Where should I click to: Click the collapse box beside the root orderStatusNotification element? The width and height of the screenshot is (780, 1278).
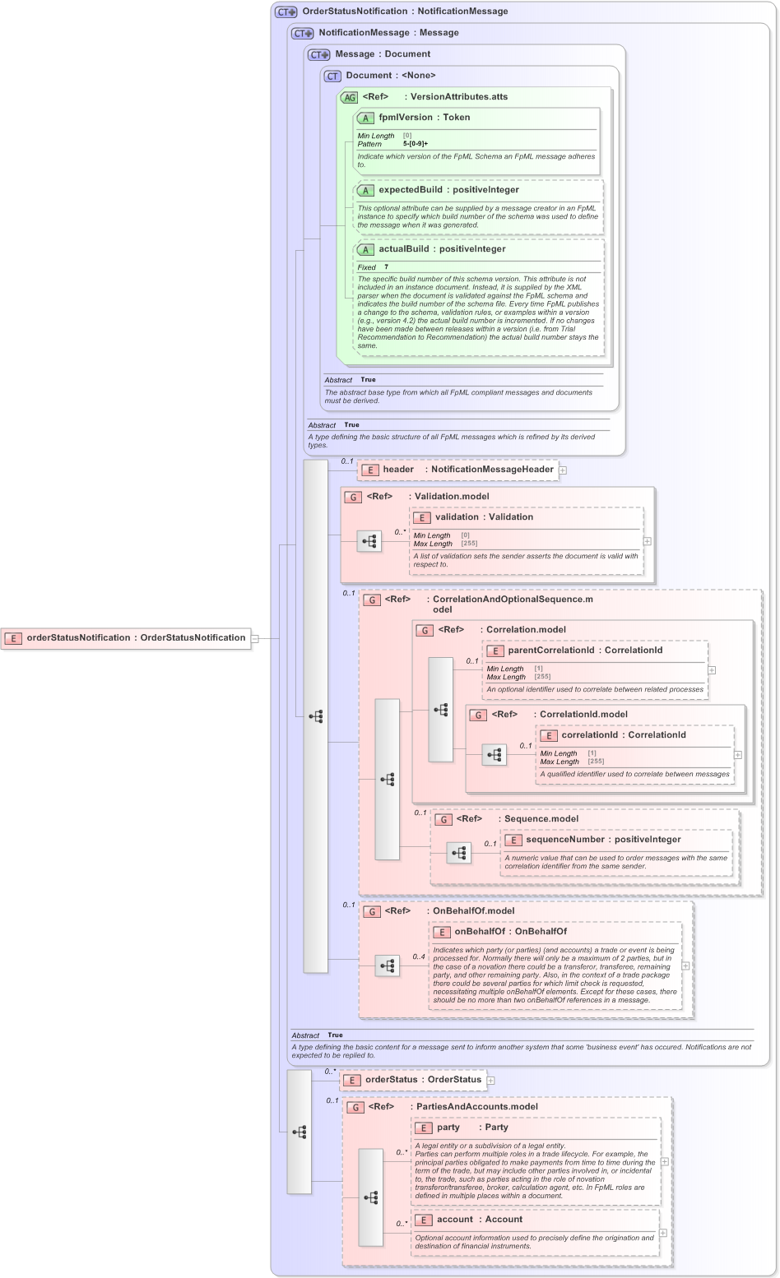pyautogui.click(x=255, y=638)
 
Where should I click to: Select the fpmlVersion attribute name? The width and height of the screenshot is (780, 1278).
pyautogui.click(x=406, y=118)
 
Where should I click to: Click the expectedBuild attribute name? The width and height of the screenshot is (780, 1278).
pyautogui.click(x=410, y=190)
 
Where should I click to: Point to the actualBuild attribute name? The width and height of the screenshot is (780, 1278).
pyautogui.click(x=403, y=249)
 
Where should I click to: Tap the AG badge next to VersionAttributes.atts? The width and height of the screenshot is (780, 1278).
pyautogui.click(x=350, y=97)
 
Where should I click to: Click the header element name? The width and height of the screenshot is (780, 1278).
pyautogui.click(x=398, y=470)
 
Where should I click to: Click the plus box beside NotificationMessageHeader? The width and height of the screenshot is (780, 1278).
pyautogui.click(x=563, y=470)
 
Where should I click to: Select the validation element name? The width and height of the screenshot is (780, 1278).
pyautogui.click(x=457, y=517)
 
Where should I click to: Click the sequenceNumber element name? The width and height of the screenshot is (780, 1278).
pyautogui.click(x=568, y=840)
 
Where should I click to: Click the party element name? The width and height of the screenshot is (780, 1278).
pyautogui.click(x=448, y=1128)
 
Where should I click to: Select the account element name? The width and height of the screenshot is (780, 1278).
pyautogui.click(x=455, y=1220)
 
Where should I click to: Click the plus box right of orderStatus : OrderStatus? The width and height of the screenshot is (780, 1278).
pyautogui.click(x=490, y=1081)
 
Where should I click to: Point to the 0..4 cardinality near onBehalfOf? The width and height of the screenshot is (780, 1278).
pyautogui.click(x=419, y=956)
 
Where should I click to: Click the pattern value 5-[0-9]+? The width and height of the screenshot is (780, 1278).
pyautogui.click(x=416, y=144)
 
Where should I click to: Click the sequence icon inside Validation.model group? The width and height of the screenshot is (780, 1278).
pyautogui.click(x=369, y=541)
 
